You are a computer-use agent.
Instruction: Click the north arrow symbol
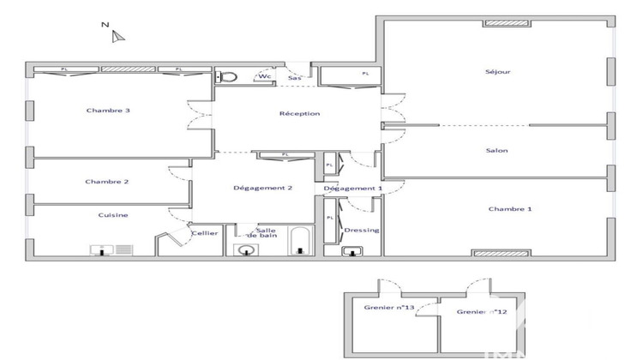click(x=118, y=35)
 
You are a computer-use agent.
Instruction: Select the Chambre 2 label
click(x=107, y=182)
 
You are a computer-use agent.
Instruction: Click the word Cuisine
click(x=112, y=215)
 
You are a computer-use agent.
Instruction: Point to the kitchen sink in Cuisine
click(x=101, y=250)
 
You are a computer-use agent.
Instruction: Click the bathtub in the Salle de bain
click(x=299, y=241)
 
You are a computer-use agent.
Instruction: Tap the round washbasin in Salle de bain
click(x=247, y=250)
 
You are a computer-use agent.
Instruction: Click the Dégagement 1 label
click(x=352, y=188)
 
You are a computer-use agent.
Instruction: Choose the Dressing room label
click(x=361, y=230)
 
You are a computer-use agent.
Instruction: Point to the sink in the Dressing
click(x=352, y=251)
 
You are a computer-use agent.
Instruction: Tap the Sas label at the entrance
click(x=294, y=79)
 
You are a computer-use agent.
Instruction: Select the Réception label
click(x=299, y=114)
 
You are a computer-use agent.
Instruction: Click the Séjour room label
click(x=497, y=72)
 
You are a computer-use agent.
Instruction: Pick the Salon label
click(x=496, y=151)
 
